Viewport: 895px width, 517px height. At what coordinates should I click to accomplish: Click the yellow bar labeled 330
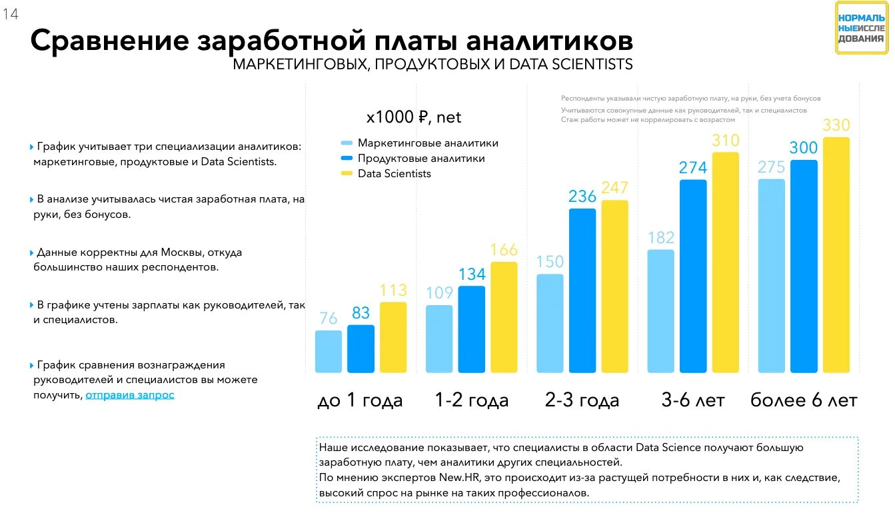[x=836, y=255]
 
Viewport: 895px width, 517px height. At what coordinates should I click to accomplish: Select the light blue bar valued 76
[x=328, y=351]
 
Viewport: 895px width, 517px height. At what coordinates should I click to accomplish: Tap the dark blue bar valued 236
[x=582, y=290]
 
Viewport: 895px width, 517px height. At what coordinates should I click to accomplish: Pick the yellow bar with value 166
[x=504, y=317]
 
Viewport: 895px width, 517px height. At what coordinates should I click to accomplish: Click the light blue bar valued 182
[x=660, y=311]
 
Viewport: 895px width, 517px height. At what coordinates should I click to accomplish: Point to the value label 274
[x=693, y=168]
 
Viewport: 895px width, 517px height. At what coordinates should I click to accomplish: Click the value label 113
[x=393, y=290]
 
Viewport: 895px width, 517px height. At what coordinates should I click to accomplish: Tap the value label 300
[x=803, y=148]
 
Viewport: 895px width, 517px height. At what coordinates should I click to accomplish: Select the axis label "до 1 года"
[x=360, y=400]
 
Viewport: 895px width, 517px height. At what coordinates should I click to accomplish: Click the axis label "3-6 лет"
[x=692, y=400]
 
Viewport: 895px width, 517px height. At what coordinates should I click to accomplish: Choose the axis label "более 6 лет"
[x=804, y=400]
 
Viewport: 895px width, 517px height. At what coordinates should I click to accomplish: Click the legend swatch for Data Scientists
[x=347, y=174]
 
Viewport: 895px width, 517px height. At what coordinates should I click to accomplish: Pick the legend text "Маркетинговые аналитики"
[x=428, y=143]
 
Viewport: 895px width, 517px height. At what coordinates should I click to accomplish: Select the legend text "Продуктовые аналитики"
[x=421, y=159]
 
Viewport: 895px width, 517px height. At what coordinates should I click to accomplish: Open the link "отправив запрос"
[x=130, y=394]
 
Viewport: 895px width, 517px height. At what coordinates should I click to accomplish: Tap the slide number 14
[x=10, y=14]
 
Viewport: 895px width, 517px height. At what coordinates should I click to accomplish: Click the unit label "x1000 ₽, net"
[x=414, y=117]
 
